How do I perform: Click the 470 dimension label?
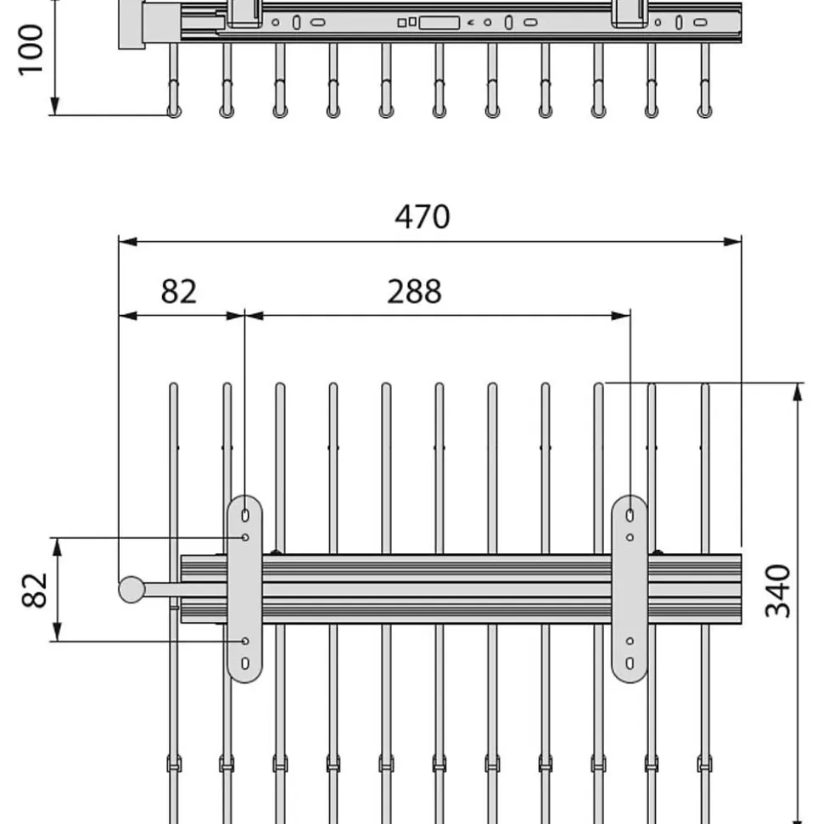click(422, 216)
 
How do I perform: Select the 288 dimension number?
click(414, 291)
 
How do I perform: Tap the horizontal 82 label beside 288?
click(179, 291)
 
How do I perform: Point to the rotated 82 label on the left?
click(35, 590)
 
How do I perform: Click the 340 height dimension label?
click(778, 591)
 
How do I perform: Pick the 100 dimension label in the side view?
click(31, 50)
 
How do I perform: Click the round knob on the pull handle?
click(132, 590)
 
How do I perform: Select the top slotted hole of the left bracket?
click(245, 515)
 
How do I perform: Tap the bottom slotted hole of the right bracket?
click(630, 664)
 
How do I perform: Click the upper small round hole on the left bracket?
click(245, 538)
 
